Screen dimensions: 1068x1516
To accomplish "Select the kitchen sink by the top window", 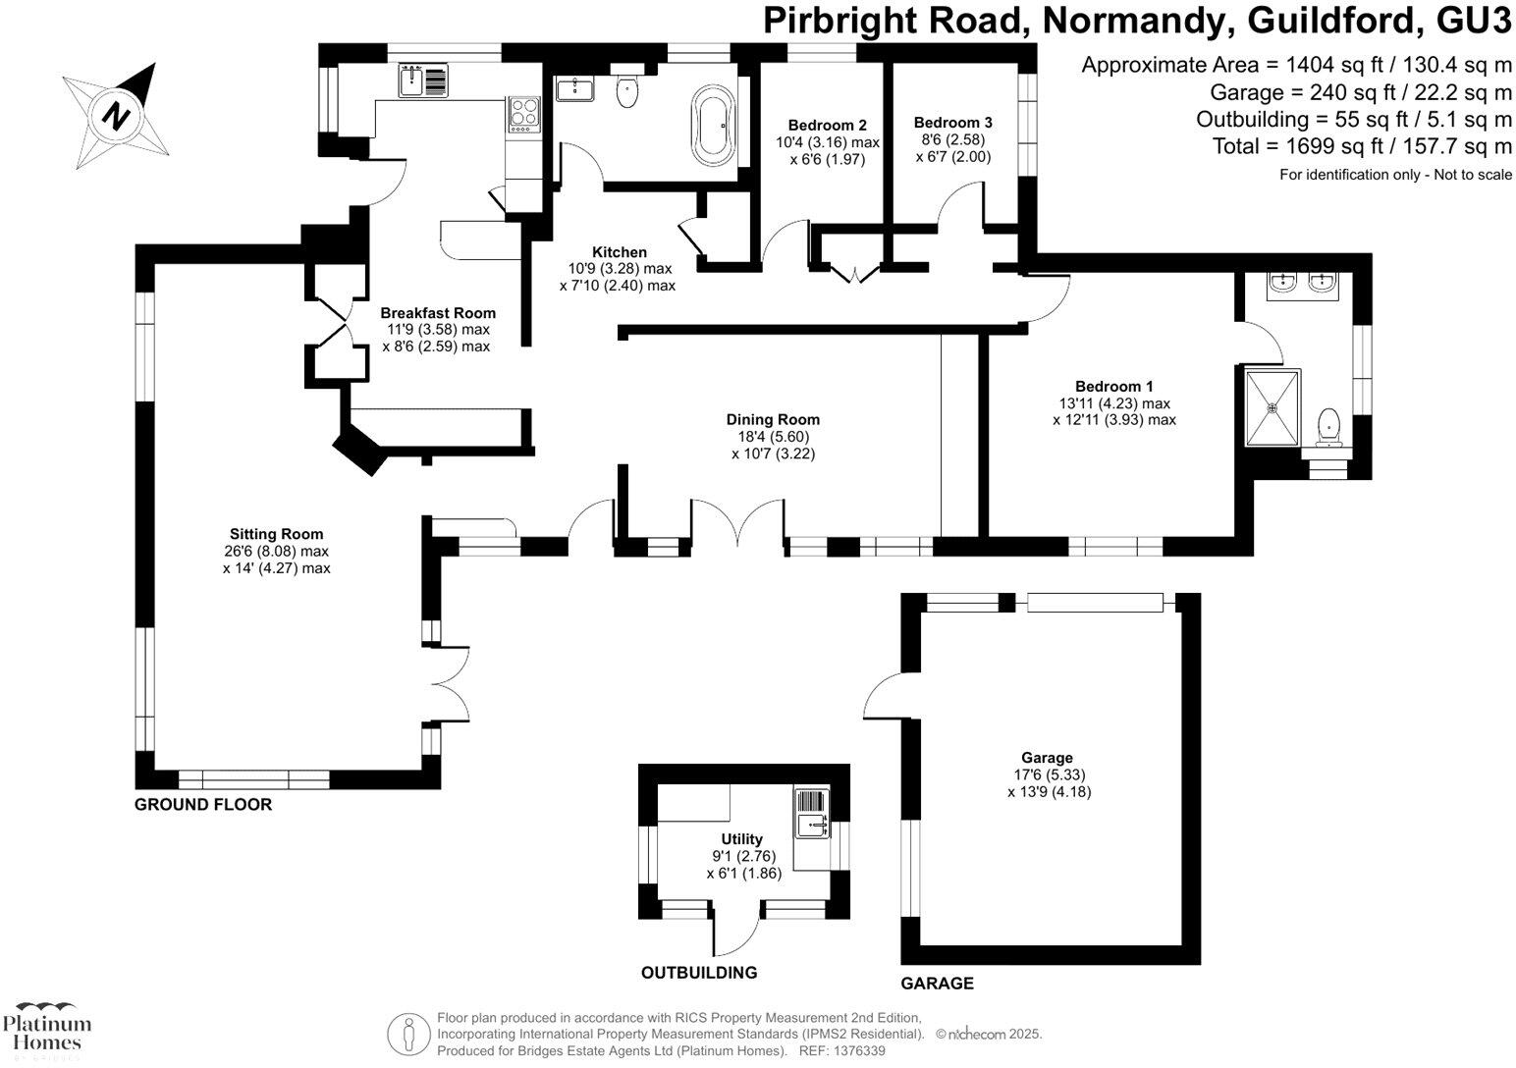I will [x=422, y=80].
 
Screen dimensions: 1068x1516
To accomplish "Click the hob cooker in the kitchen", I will [x=523, y=114].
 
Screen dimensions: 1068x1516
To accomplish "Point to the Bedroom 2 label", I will [x=827, y=126].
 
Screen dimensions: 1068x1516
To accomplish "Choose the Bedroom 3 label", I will [x=952, y=123].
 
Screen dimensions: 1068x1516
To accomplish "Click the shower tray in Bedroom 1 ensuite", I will [x=1272, y=406].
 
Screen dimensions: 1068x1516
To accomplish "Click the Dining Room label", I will [x=773, y=419].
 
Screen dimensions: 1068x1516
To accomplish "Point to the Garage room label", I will [x=1047, y=758].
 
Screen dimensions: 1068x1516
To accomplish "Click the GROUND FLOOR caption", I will [x=202, y=805].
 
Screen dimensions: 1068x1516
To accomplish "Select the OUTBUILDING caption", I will [x=698, y=973].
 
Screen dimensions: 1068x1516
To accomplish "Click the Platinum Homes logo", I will [x=47, y=1029].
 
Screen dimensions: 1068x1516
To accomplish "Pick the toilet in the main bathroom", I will [x=626, y=93].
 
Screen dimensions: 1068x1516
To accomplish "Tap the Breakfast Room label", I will [x=439, y=313].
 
